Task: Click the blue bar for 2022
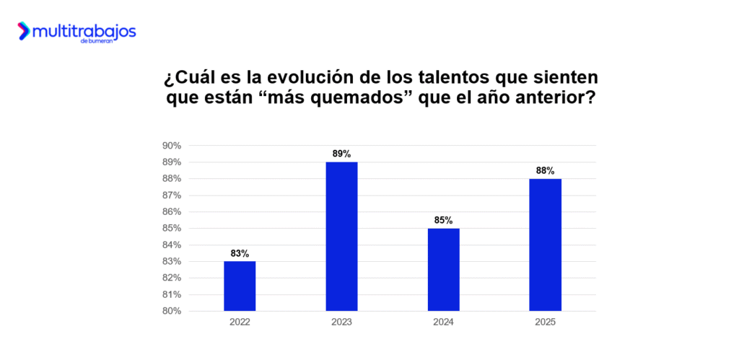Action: click(240, 286)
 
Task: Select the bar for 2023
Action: click(341, 237)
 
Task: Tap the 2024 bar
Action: click(443, 269)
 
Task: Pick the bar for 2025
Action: click(545, 245)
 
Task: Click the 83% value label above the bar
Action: click(240, 253)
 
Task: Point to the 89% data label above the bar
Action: click(341, 154)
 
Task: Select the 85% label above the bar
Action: click(443, 220)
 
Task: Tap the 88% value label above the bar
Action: click(545, 171)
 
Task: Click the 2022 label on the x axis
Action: click(240, 322)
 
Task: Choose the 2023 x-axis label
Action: click(341, 322)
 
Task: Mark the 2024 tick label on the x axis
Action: click(443, 322)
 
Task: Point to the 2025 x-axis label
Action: click(545, 322)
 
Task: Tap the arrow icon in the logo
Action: click(24, 31)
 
